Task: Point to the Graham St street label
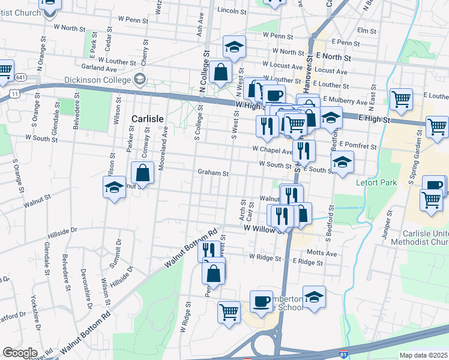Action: click(214, 173)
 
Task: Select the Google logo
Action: click(20, 353)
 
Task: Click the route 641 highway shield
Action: click(21, 78)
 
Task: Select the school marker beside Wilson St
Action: click(114, 188)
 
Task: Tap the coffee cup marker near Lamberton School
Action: click(261, 302)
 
